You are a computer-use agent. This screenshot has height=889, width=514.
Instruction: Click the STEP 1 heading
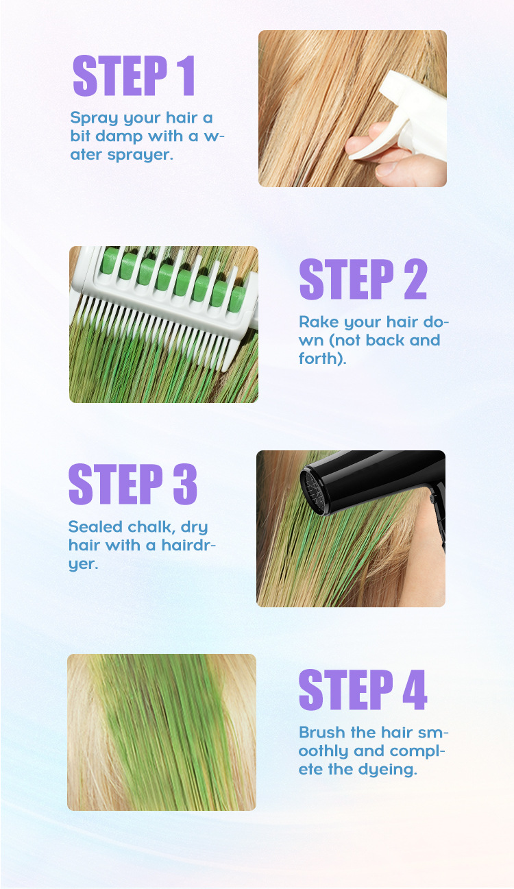pos(134,75)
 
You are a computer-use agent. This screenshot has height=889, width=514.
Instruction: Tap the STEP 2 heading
pos(363,279)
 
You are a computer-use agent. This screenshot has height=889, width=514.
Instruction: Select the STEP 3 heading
pos(132,484)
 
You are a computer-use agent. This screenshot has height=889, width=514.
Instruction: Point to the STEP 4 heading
pos(363,690)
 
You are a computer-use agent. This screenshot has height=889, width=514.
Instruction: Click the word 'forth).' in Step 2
pos(322,358)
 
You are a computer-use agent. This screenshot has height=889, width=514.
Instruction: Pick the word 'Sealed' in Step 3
pos(95,526)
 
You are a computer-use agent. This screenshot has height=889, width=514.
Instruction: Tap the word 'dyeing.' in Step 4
pos(387,770)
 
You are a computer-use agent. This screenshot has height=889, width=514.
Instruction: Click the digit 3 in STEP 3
pos(185,484)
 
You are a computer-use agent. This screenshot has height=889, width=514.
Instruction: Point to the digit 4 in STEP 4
pos(415,690)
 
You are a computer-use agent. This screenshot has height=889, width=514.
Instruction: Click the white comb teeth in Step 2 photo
pos(159,326)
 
